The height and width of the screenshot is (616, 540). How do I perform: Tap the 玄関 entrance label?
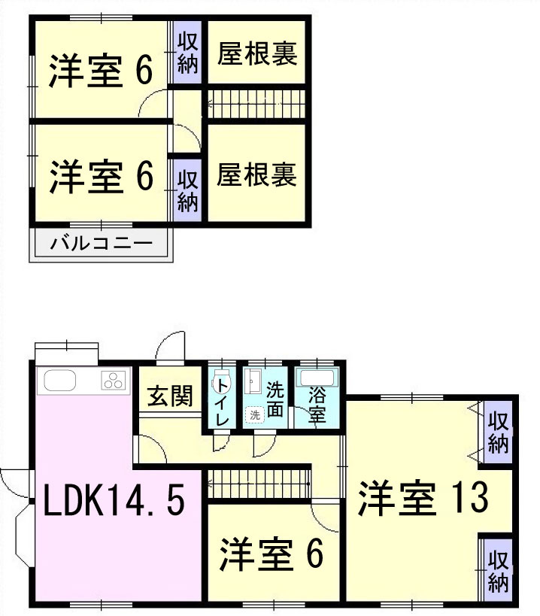tap(169, 394)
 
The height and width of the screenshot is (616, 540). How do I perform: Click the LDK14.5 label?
tap(113, 500)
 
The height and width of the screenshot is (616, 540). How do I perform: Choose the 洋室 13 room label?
tap(423, 499)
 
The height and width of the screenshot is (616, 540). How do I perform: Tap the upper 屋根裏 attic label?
tap(257, 54)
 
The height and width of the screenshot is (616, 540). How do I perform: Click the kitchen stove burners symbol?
tap(114, 381)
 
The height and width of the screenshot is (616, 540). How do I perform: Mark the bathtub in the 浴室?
tap(317, 378)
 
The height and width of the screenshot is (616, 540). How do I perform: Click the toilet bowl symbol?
tap(221, 379)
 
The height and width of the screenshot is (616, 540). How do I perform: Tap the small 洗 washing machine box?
tap(255, 414)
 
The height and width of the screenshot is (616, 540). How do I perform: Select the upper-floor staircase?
tap(256, 103)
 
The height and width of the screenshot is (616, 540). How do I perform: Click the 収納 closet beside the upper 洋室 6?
tap(187, 53)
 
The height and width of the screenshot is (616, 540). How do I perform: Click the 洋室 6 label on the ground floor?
tap(271, 554)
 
